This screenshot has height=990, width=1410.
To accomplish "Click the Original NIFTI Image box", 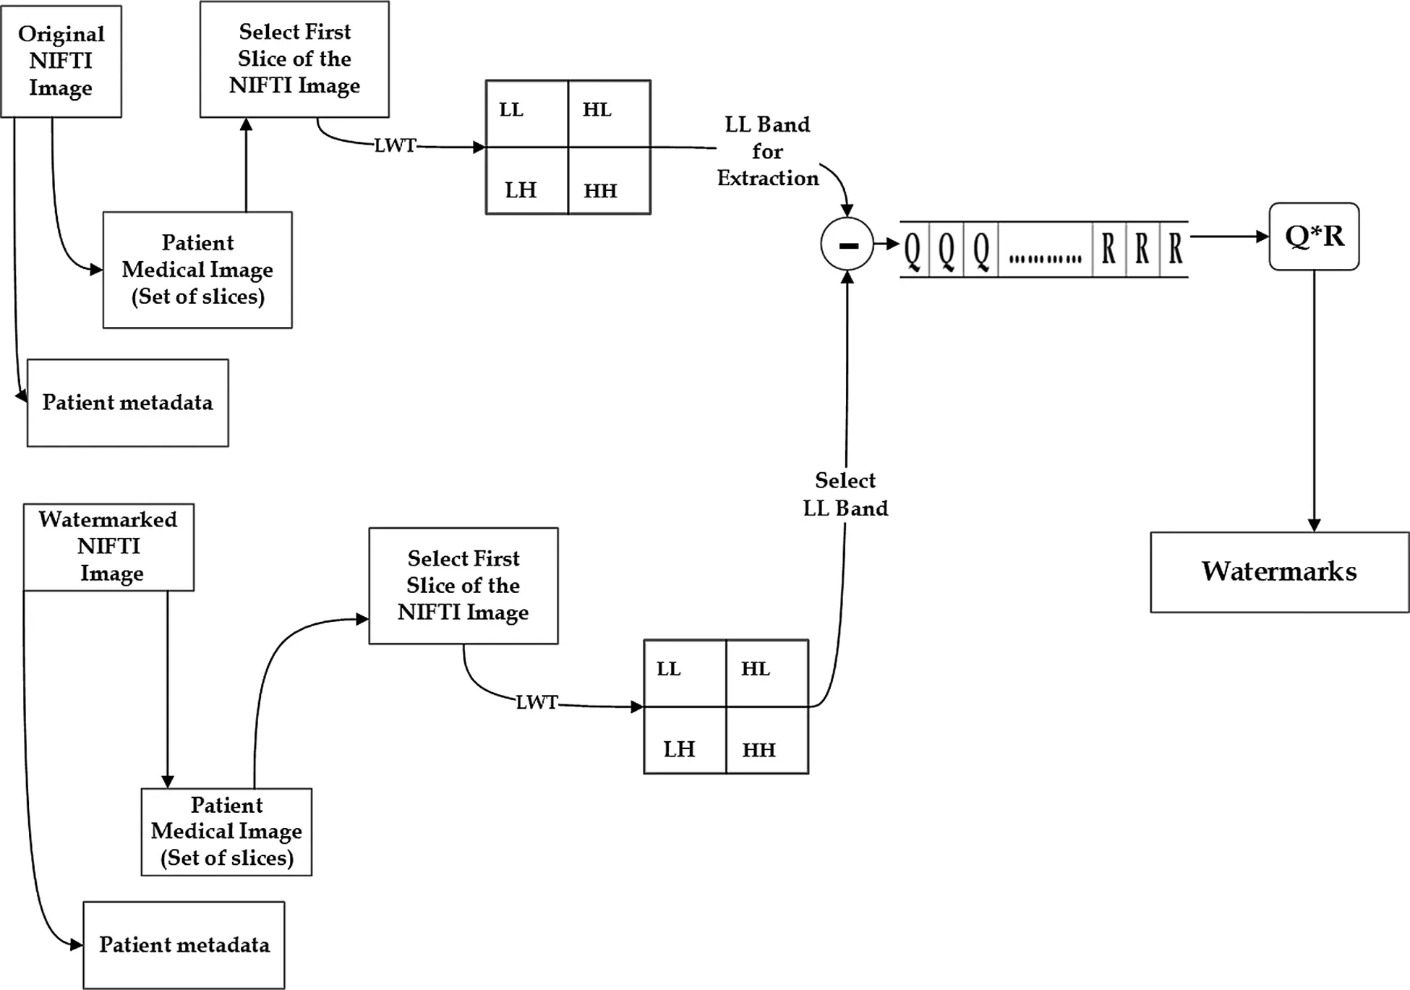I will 61,61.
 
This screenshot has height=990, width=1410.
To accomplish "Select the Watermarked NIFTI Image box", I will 108,547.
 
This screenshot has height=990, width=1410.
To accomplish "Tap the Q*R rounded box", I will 1314,236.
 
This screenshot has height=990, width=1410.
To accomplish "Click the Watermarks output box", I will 1279,572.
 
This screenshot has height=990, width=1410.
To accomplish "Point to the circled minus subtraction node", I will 847,244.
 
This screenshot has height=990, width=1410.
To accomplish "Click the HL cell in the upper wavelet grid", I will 609,114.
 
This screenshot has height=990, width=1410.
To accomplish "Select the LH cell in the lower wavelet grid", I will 684,741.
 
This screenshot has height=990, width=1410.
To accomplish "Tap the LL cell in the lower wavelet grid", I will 684,673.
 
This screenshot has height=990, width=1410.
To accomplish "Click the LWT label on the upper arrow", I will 395,145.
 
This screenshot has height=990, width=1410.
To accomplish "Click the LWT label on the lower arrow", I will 537,702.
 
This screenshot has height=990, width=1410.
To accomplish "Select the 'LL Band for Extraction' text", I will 767,151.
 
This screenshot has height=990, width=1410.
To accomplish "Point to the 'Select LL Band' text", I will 845,494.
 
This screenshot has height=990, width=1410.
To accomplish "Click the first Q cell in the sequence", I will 913,249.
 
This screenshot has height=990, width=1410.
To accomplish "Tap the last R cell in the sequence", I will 1175,249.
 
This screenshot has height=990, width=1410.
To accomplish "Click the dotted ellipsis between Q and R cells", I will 1045,258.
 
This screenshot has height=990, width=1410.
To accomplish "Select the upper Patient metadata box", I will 128,403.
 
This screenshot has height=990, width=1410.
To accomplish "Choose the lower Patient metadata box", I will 184,944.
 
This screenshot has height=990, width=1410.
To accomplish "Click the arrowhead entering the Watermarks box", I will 1314,525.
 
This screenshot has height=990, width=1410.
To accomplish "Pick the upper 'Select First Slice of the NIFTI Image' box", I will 294,59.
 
